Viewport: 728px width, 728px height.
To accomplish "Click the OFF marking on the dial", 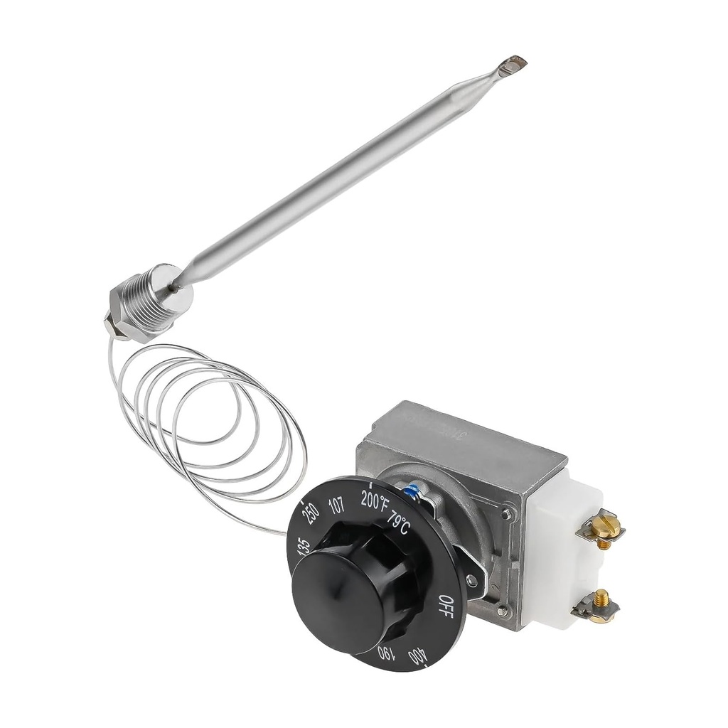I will click(445, 606).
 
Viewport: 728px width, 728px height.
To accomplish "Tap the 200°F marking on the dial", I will click(375, 500).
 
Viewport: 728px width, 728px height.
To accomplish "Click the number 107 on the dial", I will click(336, 506).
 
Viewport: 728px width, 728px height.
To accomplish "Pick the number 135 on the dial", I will click(303, 546).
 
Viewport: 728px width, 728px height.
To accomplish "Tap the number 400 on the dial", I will click(419, 655).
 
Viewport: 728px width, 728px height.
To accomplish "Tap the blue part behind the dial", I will click(412, 490).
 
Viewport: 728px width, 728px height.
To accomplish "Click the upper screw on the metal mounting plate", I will click(505, 513).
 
